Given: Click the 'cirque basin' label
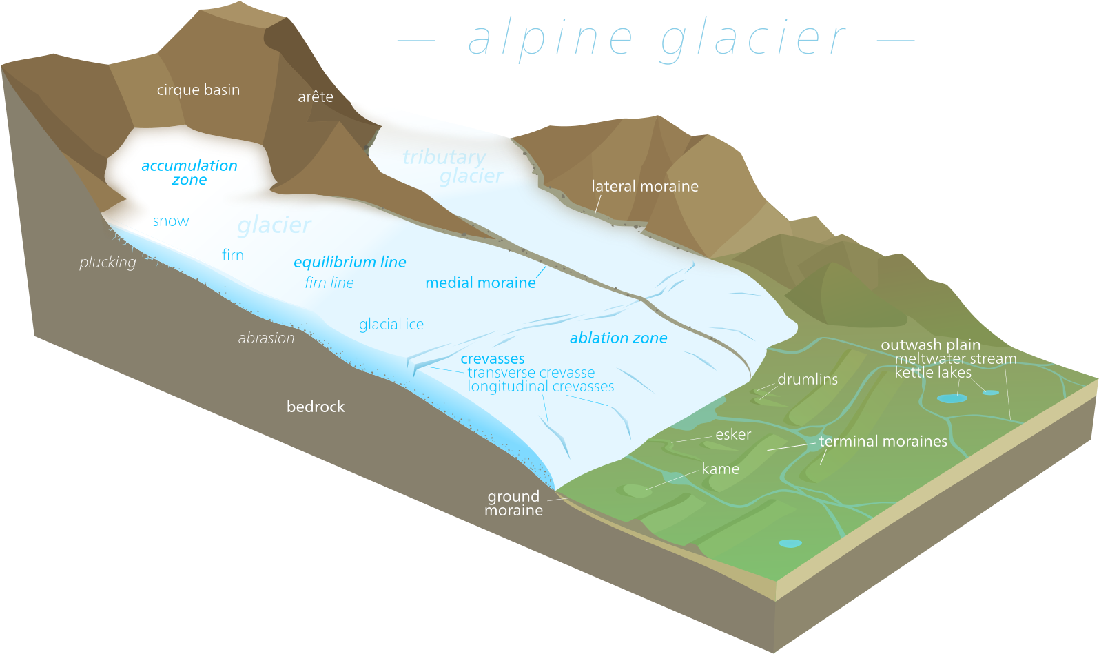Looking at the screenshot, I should [198, 90].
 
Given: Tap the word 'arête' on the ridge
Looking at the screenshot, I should [316, 97].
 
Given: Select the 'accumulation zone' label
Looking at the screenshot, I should [189, 173].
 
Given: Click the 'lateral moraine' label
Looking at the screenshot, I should [645, 186].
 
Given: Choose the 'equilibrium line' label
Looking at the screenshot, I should [350, 263].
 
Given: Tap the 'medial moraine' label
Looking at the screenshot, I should [480, 283].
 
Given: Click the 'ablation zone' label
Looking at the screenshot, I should [619, 338].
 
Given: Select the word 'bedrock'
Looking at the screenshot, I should [316, 407].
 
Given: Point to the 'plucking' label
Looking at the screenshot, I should [107, 263].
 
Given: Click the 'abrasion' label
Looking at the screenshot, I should [266, 338].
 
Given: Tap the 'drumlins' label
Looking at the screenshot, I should [808, 380].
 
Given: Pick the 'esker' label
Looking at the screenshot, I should [733, 435].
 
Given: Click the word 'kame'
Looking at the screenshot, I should [720, 469].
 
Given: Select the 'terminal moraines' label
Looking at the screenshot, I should [883, 442].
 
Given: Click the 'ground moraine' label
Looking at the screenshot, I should [513, 504].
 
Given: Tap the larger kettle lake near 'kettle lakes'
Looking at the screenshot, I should [951, 398].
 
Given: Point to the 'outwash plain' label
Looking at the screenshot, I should [930, 345].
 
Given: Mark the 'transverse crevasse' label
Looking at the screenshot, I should [531, 373].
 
